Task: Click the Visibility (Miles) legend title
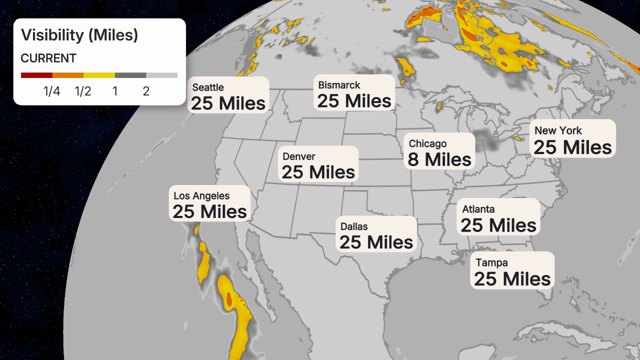click(x=79, y=35)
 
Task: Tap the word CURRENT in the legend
click(x=48, y=58)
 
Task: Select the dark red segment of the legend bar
click(x=36, y=75)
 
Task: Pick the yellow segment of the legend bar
click(x=99, y=75)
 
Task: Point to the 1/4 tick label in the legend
click(x=52, y=91)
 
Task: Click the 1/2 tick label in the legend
click(x=83, y=91)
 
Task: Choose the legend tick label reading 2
click(x=146, y=91)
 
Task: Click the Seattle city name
click(x=208, y=87)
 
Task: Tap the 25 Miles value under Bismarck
click(x=354, y=101)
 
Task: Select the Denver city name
click(x=299, y=156)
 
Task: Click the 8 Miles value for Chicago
click(x=439, y=159)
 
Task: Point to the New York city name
click(x=558, y=130)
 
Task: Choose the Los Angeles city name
click(x=201, y=196)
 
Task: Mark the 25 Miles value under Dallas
click(x=376, y=242)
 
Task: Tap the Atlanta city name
click(x=478, y=209)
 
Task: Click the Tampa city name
click(x=491, y=262)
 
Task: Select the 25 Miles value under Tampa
click(x=512, y=279)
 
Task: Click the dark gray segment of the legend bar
click(x=130, y=75)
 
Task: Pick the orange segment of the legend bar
click(x=68, y=75)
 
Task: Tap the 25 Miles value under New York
click(x=572, y=147)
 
